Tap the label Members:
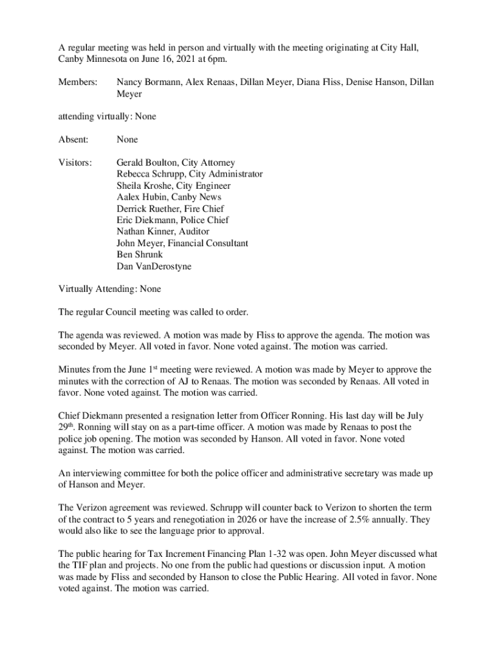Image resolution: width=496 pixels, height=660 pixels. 78,82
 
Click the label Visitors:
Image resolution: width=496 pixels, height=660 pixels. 75,162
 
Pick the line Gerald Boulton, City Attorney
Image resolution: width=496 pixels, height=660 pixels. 176,162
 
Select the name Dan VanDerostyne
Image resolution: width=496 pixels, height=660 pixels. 154,267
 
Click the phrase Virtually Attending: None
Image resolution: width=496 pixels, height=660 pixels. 110,289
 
